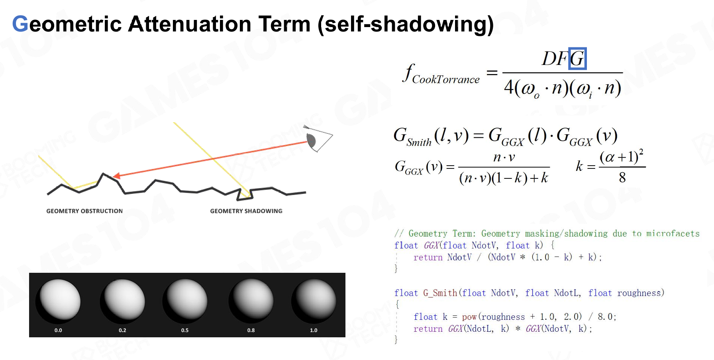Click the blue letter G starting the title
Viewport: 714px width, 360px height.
click(20, 24)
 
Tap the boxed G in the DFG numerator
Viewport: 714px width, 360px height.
click(577, 59)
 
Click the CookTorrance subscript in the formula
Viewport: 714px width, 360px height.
click(446, 80)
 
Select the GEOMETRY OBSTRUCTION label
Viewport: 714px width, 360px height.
click(84, 211)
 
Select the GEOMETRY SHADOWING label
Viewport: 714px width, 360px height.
click(246, 211)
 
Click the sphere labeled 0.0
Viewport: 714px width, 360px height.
click(58, 301)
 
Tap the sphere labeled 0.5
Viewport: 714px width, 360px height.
click(185, 301)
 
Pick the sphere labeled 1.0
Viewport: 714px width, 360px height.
click(314, 301)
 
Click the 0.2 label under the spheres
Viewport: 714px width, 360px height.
click(122, 330)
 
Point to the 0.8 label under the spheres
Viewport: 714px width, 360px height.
click(251, 330)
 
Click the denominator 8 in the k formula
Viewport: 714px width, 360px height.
click(622, 178)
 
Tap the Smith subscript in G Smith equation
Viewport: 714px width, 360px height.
click(419, 142)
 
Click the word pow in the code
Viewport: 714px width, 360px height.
click(469, 317)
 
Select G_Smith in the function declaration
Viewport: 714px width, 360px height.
click(440, 293)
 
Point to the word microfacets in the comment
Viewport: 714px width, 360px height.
click(673, 233)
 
